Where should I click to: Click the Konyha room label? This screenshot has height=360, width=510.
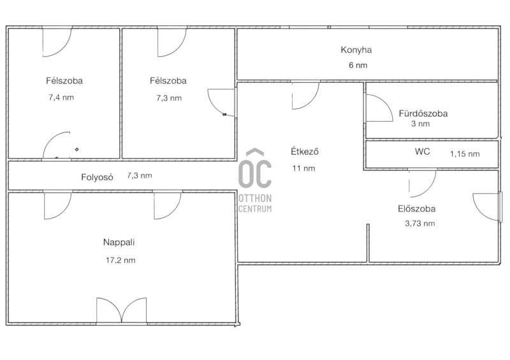coord(356,50)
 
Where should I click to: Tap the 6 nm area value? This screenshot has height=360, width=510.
coord(358,65)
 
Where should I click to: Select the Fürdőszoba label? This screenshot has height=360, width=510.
coord(423,113)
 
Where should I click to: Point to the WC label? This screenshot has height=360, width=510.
coord(422,152)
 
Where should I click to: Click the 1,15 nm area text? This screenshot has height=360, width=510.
coord(465,154)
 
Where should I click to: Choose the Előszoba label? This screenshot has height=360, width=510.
coord(417,208)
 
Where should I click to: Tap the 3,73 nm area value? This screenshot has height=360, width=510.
coord(420,224)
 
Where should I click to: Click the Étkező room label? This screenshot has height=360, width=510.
coord(305,152)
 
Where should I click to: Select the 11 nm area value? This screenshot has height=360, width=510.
coord(303,168)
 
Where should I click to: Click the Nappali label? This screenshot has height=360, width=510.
coord(119,242)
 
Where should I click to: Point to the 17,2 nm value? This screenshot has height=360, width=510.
coord(120,260)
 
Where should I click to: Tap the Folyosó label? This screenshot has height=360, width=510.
coord(97,177)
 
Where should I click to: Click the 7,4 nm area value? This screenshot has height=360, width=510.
coord(61,97)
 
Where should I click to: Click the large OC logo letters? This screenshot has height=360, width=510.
coord(255,169)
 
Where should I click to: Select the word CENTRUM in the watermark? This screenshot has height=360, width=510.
coord(255,208)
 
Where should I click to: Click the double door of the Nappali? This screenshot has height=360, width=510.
coord(122,310)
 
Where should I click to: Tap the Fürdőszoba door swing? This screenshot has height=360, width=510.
coord(379,108)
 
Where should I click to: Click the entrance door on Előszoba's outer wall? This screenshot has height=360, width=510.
coord(486,208)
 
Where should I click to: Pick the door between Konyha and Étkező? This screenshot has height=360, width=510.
coord(305,95)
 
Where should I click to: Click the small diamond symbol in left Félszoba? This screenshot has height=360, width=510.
coord(76,150)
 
